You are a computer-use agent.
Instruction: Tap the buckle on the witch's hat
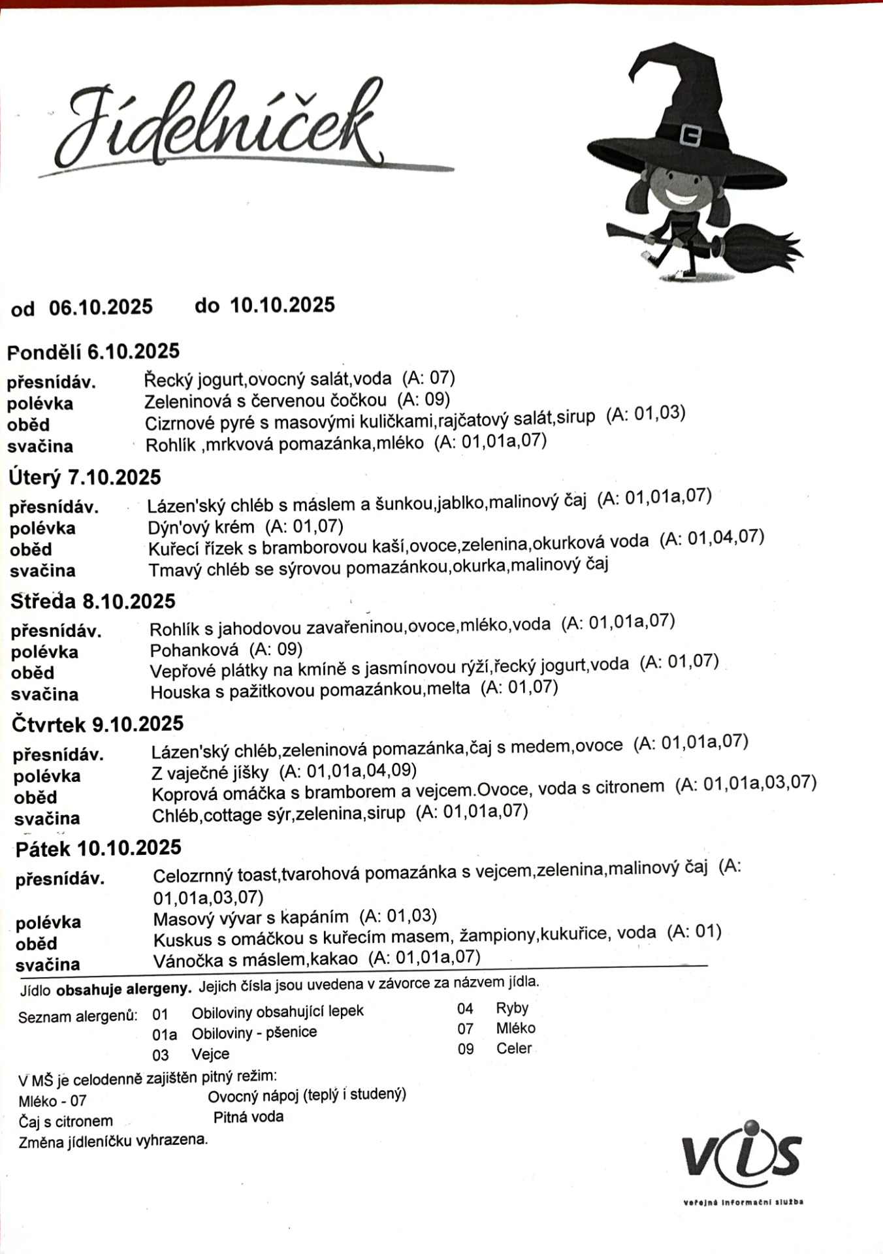pyautogui.click(x=690, y=135)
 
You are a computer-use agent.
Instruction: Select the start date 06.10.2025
pyautogui.click(x=101, y=306)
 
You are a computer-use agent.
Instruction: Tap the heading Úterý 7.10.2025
pyautogui.click(x=85, y=477)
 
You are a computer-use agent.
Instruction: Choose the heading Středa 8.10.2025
pyautogui.click(x=93, y=601)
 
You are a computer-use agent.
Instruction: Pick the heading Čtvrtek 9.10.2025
pyautogui.click(x=98, y=724)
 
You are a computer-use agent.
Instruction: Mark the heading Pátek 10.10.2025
pyautogui.click(x=99, y=848)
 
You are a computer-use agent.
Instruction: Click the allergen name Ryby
pyautogui.click(x=512, y=1008)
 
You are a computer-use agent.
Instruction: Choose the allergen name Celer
pyautogui.click(x=514, y=1048)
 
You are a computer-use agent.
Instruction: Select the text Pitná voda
pyautogui.click(x=248, y=1117)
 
